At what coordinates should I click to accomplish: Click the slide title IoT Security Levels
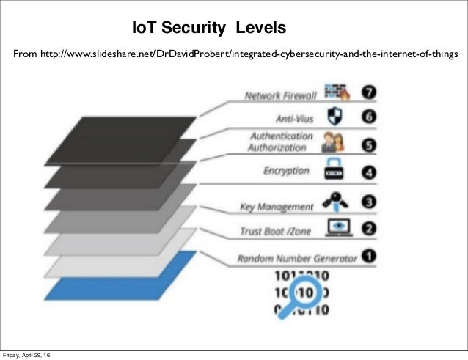[x=208, y=28]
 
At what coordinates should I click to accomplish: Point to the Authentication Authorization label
[x=282, y=142]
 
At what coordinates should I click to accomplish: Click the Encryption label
[x=286, y=171]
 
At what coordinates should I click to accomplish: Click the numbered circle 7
[x=371, y=95]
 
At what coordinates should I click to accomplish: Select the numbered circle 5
[x=371, y=144]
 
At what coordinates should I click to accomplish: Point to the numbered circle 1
[x=371, y=257]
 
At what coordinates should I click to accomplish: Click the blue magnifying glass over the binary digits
[x=303, y=293]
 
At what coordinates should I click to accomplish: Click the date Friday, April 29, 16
[x=30, y=355]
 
